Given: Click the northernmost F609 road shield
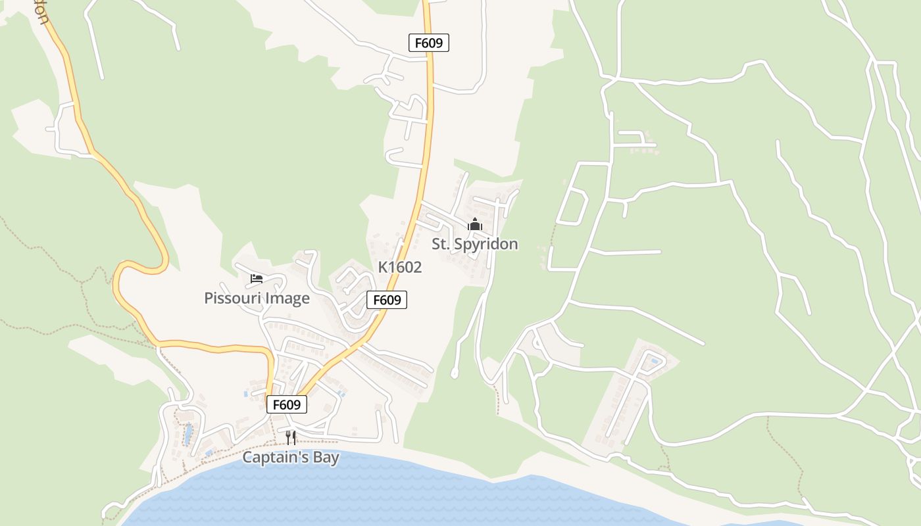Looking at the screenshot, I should [429, 43].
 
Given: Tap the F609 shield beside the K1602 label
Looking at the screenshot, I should [387, 300].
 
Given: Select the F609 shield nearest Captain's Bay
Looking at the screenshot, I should [287, 404].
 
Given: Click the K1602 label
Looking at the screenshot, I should [399, 268].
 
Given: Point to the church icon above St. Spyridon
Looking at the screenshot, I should [474, 225].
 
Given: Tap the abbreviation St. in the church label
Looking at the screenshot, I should [439, 244].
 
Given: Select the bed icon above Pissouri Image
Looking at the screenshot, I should [257, 279].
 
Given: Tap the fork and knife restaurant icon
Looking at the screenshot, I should [291, 437].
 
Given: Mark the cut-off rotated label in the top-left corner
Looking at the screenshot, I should [40, 10].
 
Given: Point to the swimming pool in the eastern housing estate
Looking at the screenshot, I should [653, 360].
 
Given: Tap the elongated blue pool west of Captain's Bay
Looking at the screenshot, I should [187, 435].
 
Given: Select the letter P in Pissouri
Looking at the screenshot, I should [209, 299].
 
